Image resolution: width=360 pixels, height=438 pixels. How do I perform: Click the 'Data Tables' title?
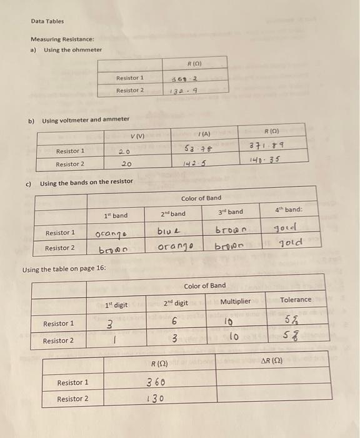47,21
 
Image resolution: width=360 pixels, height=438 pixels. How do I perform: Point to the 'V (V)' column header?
137,137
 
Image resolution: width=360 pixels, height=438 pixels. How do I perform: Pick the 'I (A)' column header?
203,133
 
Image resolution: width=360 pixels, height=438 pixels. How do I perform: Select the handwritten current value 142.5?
194,164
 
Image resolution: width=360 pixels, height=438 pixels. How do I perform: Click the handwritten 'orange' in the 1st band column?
110,234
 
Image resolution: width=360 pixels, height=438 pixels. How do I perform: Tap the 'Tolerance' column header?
296,300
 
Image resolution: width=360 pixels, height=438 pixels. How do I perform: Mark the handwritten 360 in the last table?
156,382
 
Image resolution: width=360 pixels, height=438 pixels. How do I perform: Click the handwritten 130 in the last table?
155,399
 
